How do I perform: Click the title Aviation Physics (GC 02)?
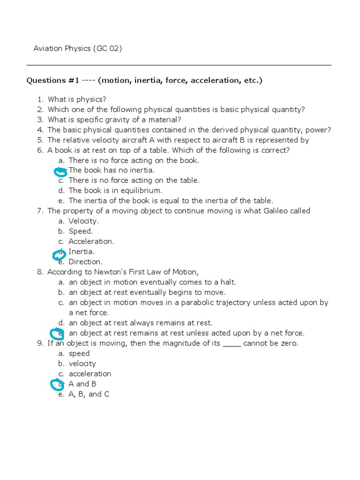pyautogui.click(x=77, y=48)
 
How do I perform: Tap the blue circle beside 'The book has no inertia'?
pyautogui.click(x=60, y=171)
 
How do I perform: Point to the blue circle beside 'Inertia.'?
pyautogui.click(x=59, y=255)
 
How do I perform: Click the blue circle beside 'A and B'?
pyautogui.click(x=57, y=384)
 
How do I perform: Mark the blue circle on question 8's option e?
pyautogui.click(x=57, y=333)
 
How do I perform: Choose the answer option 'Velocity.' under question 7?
pyautogui.click(x=83, y=221)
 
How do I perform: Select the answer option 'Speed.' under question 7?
pyautogui.click(x=81, y=231)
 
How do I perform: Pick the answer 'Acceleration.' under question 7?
pyautogui.click(x=91, y=241)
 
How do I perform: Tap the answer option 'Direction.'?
pyautogui.click(x=85, y=262)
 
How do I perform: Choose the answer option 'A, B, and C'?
pyautogui.click(x=89, y=394)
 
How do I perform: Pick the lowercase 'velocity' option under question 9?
pyautogui.click(x=82, y=363)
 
